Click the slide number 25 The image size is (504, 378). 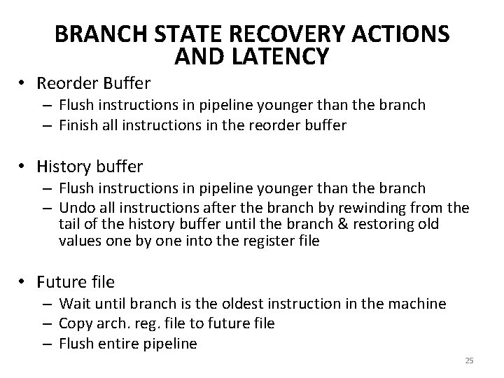pos(469,360)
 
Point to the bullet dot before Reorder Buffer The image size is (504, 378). pos(23,83)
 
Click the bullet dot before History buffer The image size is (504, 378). pos(23,167)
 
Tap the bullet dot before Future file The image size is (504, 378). pos(23,282)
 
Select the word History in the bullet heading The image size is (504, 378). pos(64,167)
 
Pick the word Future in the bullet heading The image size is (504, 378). pos(62,282)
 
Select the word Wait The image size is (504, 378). pos(73,304)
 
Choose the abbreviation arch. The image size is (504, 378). pos(107,323)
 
